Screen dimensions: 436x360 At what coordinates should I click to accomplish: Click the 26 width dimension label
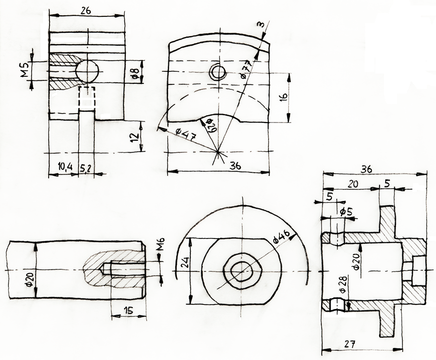tap(86, 10)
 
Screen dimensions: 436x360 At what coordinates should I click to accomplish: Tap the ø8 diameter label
tap(135, 72)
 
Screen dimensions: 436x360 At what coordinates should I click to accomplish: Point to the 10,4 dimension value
tap(65, 167)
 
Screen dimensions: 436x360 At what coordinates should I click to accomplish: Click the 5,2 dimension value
tap(87, 168)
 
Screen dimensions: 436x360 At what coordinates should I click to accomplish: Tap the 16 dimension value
tap(283, 97)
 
